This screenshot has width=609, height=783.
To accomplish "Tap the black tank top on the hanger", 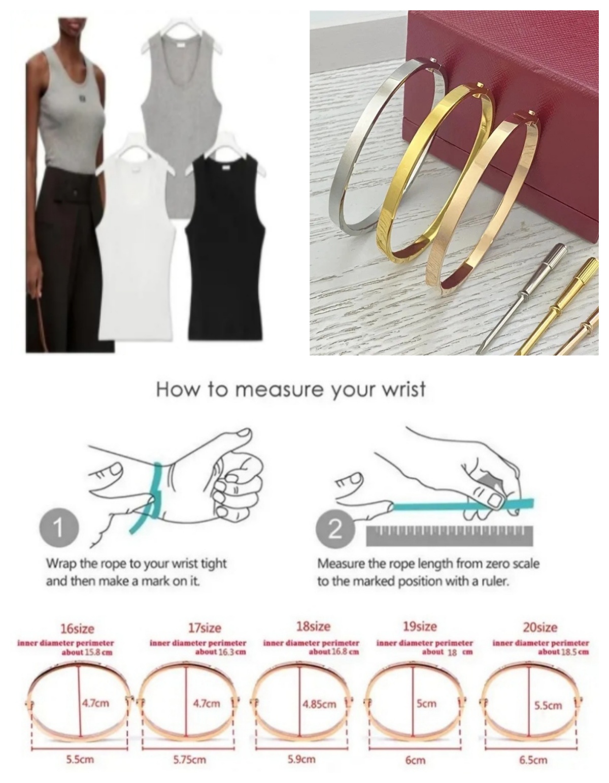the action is click(225, 249).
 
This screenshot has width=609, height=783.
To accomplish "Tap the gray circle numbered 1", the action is click(59, 528).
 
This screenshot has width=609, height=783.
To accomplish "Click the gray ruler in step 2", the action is click(450, 536).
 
